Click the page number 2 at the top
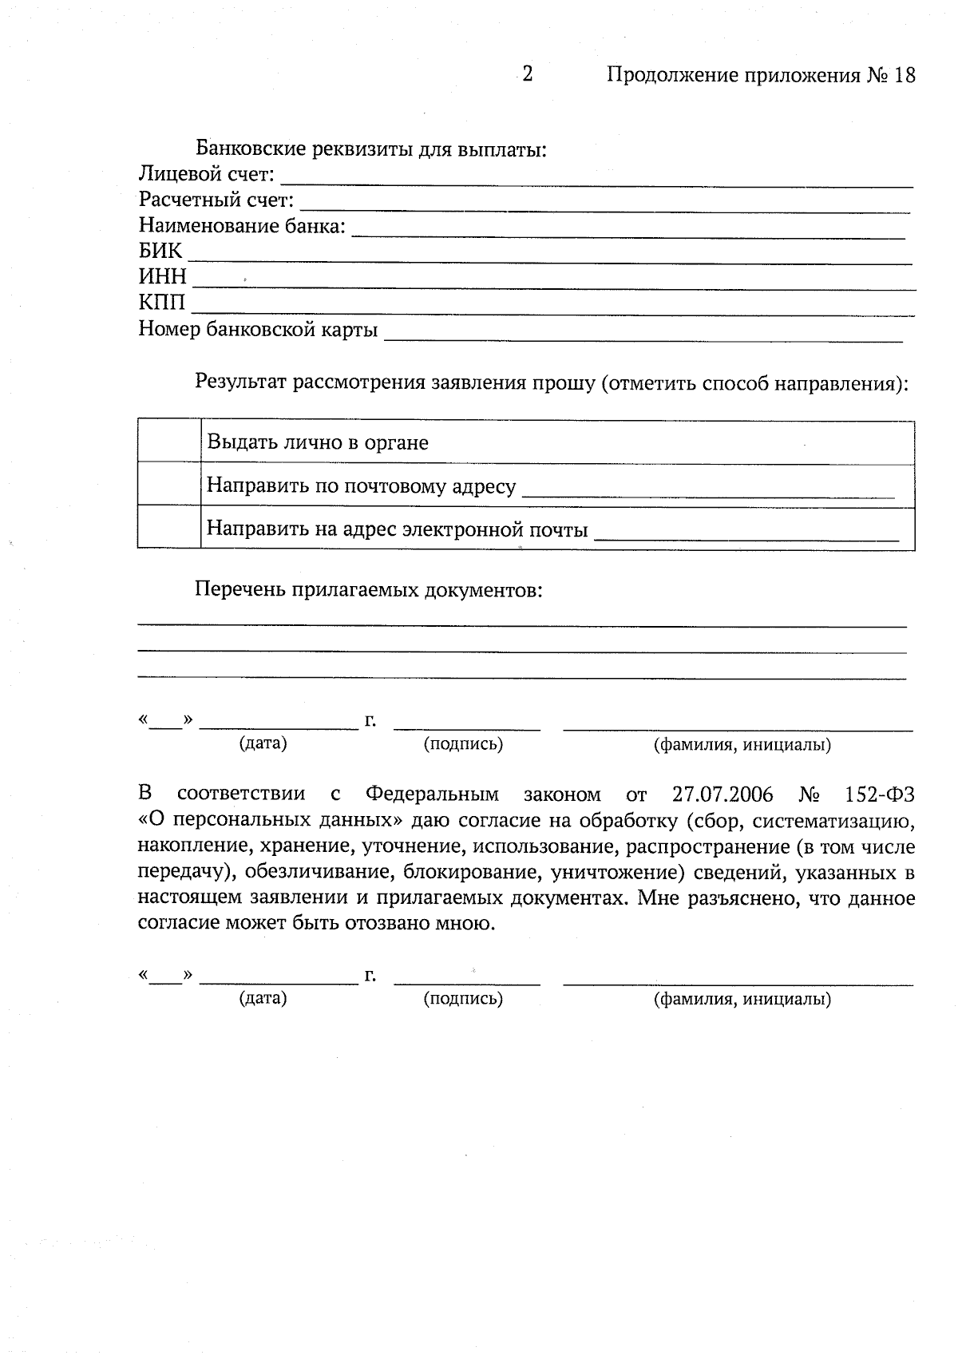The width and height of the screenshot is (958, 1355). [527, 74]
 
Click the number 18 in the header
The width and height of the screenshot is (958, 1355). [905, 75]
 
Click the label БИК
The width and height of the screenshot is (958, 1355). [160, 251]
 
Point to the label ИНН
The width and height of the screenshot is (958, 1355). [163, 276]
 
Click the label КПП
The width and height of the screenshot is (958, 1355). [162, 303]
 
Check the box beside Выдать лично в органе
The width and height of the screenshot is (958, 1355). [168, 441]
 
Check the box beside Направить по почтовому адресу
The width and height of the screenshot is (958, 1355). [168, 484]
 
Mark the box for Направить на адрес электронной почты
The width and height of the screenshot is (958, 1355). [168, 527]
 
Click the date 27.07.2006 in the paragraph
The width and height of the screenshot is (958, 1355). [722, 794]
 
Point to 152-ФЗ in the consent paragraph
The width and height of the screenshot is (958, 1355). [879, 794]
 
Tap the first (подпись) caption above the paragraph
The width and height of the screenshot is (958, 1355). [463, 744]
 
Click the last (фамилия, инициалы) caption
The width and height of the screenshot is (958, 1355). [742, 999]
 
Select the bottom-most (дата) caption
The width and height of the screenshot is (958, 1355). [263, 998]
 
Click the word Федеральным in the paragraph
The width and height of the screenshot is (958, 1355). [432, 794]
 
